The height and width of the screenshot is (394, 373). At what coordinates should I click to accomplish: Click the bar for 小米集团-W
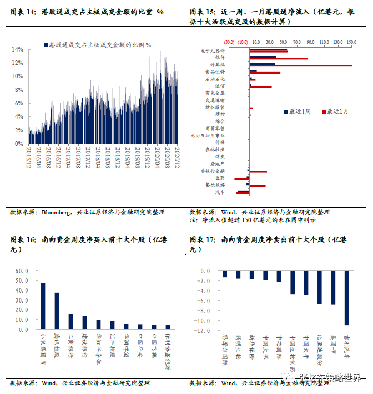[x=43, y=306]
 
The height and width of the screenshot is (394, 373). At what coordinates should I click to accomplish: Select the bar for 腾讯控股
[x=57, y=311]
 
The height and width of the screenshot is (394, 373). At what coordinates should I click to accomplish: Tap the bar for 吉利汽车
[x=347, y=298]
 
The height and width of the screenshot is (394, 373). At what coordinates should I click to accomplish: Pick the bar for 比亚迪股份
[x=320, y=287]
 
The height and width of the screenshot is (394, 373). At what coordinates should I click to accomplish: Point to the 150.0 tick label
[x=351, y=42]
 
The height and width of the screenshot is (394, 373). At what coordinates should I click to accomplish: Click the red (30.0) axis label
[x=229, y=42]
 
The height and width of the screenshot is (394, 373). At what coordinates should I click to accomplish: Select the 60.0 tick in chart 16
[x=22, y=271]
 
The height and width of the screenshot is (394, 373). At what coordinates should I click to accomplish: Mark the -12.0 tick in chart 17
[x=203, y=331]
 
